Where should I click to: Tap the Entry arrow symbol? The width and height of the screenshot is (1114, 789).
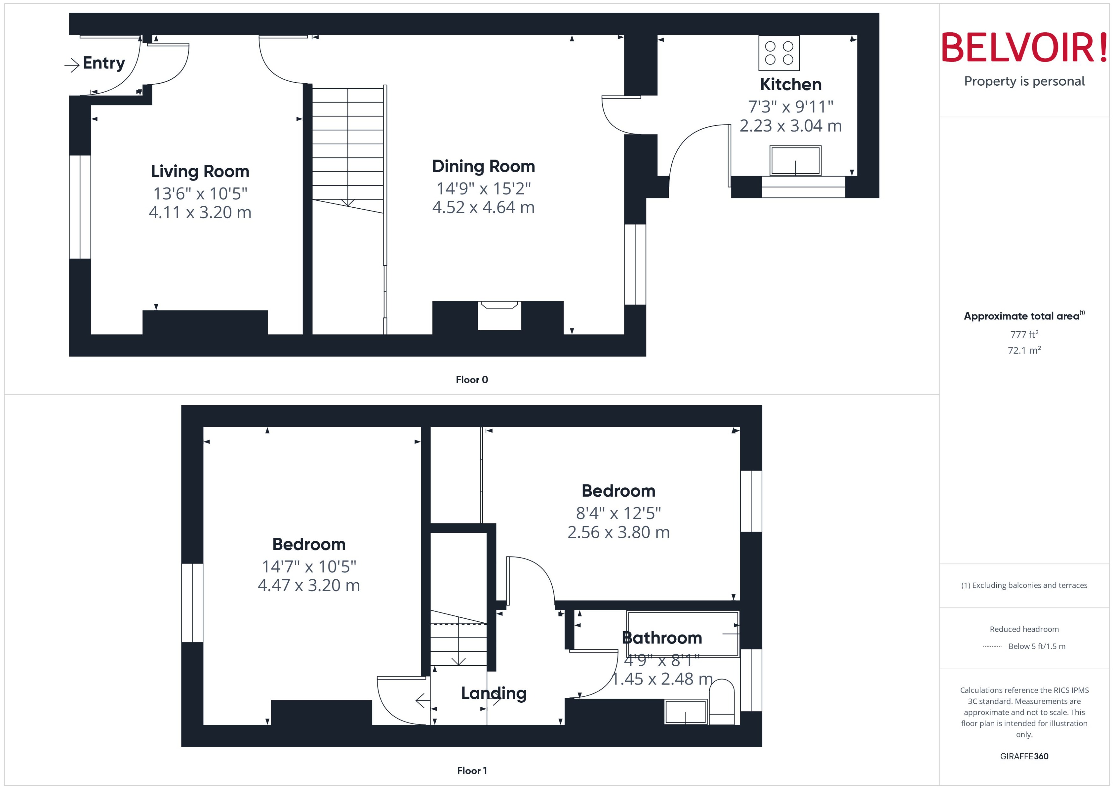(x=72, y=65)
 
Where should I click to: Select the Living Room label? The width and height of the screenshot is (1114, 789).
(x=200, y=171)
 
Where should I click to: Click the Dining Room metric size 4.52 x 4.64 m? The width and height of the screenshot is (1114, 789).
(x=483, y=207)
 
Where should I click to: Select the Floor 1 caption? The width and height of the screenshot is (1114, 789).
(x=472, y=771)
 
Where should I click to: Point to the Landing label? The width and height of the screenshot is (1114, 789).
(x=494, y=693)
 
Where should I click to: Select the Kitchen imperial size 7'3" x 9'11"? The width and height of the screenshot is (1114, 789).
(x=790, y=106)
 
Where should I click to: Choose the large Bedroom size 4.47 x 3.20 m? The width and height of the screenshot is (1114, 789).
(x=309, y=585)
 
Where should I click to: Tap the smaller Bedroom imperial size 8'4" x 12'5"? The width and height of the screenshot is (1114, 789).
(x=618, y=513)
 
